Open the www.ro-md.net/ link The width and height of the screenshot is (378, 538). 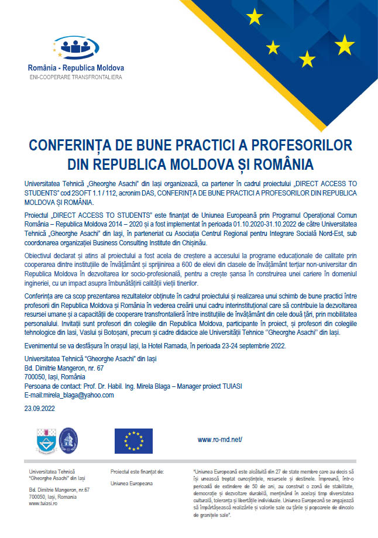point(219,439)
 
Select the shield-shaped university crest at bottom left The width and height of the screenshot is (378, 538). point(46,440)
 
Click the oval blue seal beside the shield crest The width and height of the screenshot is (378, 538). point(68,440)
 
